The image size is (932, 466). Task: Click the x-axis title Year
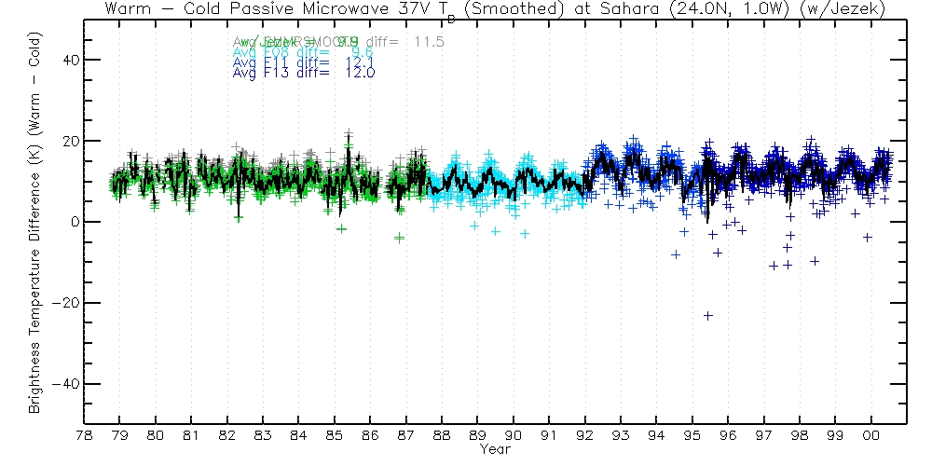495,449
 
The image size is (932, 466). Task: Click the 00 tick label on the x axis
871,435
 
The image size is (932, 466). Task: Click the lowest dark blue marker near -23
708,316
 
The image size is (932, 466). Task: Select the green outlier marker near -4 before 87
399,238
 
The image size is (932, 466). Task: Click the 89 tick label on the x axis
477,435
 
